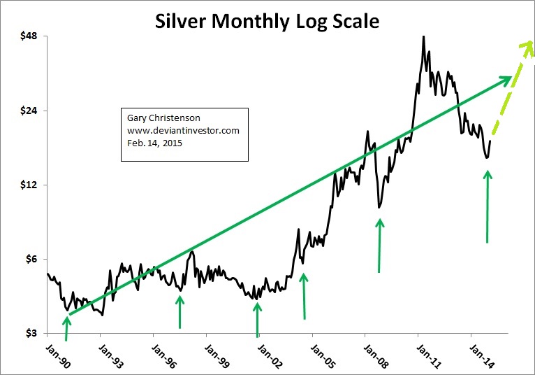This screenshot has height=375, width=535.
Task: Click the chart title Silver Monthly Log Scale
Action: tap(267, 21)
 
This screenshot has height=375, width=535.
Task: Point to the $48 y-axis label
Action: tap(27, 36)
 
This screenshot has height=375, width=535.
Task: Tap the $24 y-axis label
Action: tap(27, 111)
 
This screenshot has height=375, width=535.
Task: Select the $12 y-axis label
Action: tap(27, 185)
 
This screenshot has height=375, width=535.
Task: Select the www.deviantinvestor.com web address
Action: tap(183, 131)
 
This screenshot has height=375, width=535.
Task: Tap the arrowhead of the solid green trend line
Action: tap(506, 78)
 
